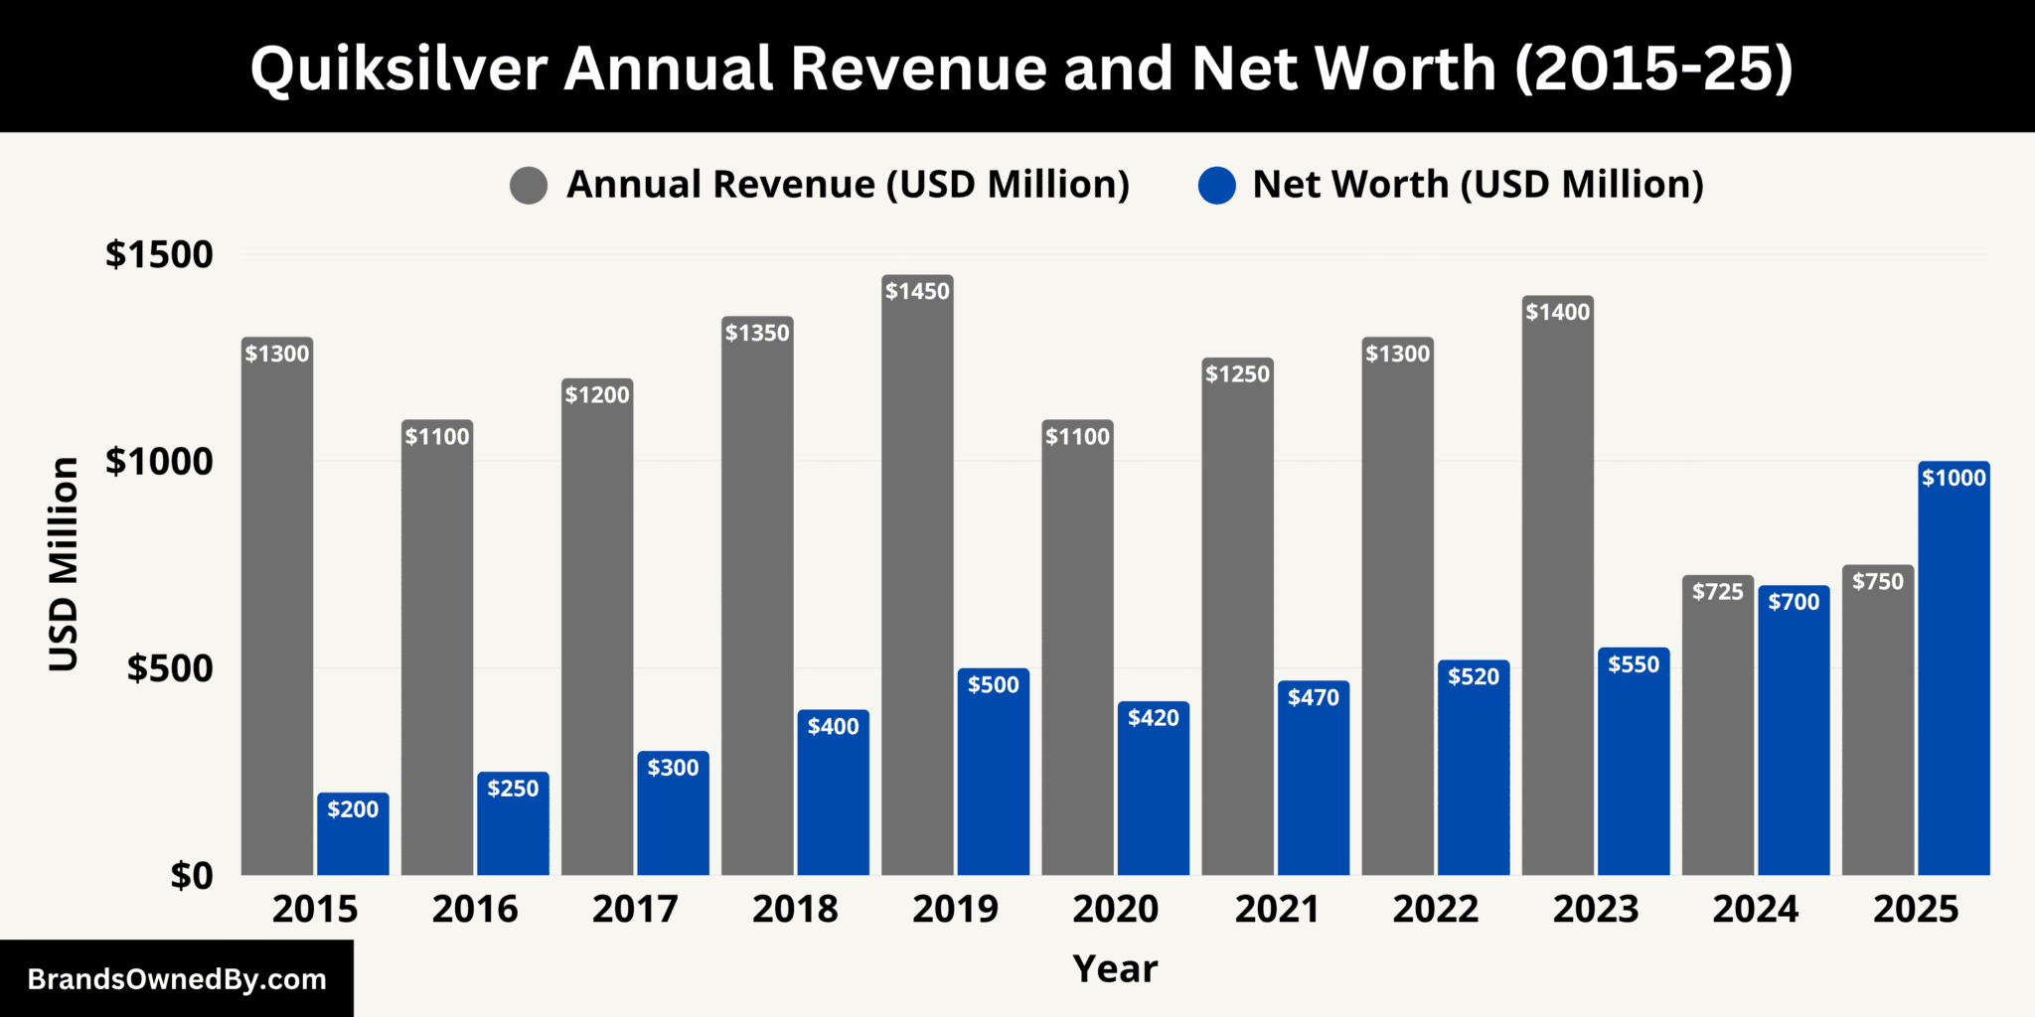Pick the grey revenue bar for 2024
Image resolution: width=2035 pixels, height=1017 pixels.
click(x=1718, y=735)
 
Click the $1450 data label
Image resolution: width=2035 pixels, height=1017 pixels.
click(x=917, y=291)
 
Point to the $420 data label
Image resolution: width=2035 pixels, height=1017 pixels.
click(x=1154, y=718)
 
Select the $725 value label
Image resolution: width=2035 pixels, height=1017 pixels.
click(x=1718, y=592)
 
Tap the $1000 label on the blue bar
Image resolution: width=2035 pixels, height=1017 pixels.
click(x=1954, y=478)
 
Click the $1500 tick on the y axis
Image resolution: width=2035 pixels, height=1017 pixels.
click(x=159, y=254)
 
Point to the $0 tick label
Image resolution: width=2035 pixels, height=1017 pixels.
click(x=191, y=876)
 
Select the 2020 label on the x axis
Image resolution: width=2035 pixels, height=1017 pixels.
click(x=1115, y=909)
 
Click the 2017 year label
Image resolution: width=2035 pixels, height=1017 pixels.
click(x=635, y=909)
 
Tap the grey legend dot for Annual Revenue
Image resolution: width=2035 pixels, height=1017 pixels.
click(x=529, y=186)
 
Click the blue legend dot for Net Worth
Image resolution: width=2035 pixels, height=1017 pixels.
click(x=1216, y=186)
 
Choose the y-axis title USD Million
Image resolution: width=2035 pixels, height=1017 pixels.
click(x=64, y=564)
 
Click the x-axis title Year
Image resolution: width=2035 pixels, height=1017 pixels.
click(x=1115, y=968)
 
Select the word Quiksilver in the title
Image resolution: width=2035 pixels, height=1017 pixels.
click(x=398, y=69)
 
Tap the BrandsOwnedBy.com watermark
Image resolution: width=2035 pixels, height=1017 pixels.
click(x=177, y=979)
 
